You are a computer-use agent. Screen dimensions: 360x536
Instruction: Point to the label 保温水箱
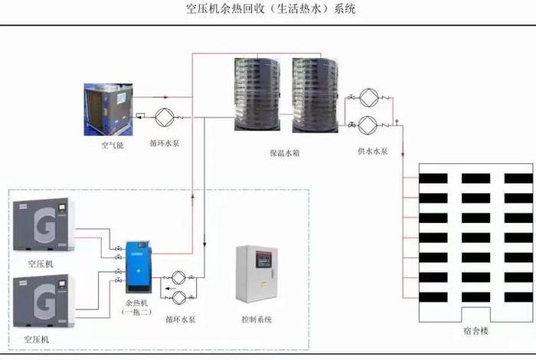pos(284,152)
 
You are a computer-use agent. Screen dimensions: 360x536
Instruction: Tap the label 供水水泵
pos(372,152)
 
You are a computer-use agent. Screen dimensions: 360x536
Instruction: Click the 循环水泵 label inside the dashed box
pos(181,319)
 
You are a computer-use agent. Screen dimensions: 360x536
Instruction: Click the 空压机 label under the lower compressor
pos(36,339)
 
